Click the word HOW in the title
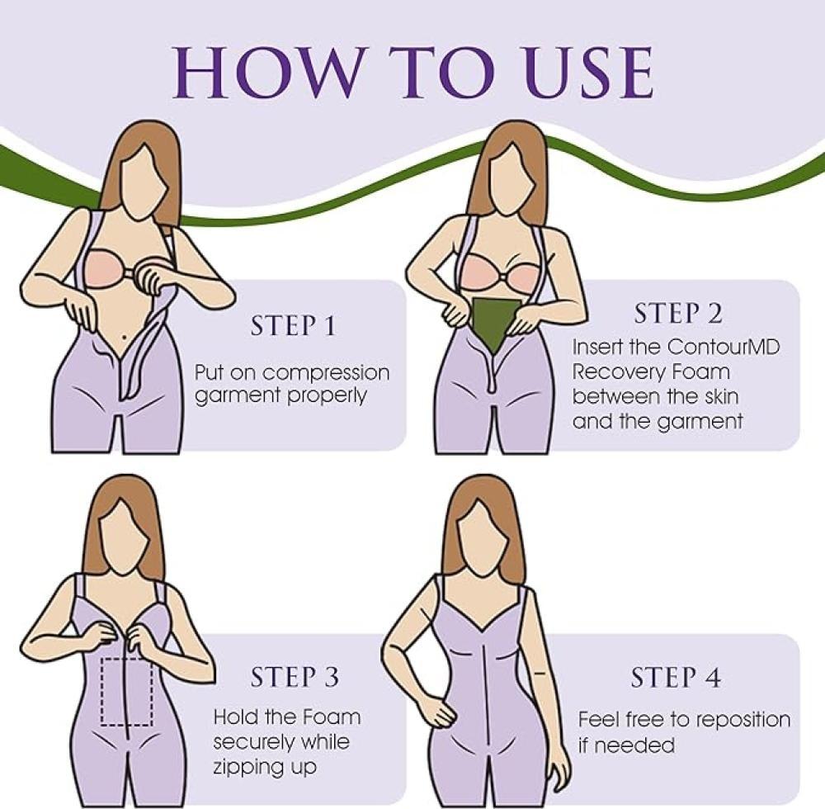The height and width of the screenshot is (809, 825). point(266,73)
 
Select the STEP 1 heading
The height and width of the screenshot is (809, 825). point(293,326)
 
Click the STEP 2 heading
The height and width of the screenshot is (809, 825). point(678,314)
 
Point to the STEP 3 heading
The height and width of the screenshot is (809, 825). point(295,678)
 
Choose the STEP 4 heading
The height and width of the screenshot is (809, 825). point(676,678)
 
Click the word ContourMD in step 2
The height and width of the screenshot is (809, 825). point(724,348)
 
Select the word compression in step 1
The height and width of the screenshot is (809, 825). point(326,374)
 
